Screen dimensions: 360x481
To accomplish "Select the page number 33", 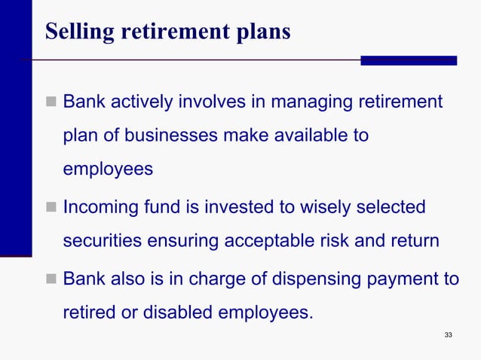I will point(449,334).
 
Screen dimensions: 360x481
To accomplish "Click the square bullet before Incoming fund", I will point(51,207).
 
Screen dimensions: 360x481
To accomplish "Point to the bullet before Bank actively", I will point(51,102).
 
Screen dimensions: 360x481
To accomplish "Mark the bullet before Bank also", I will point(51,279).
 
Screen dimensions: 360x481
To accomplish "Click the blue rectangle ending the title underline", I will point(408,60).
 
